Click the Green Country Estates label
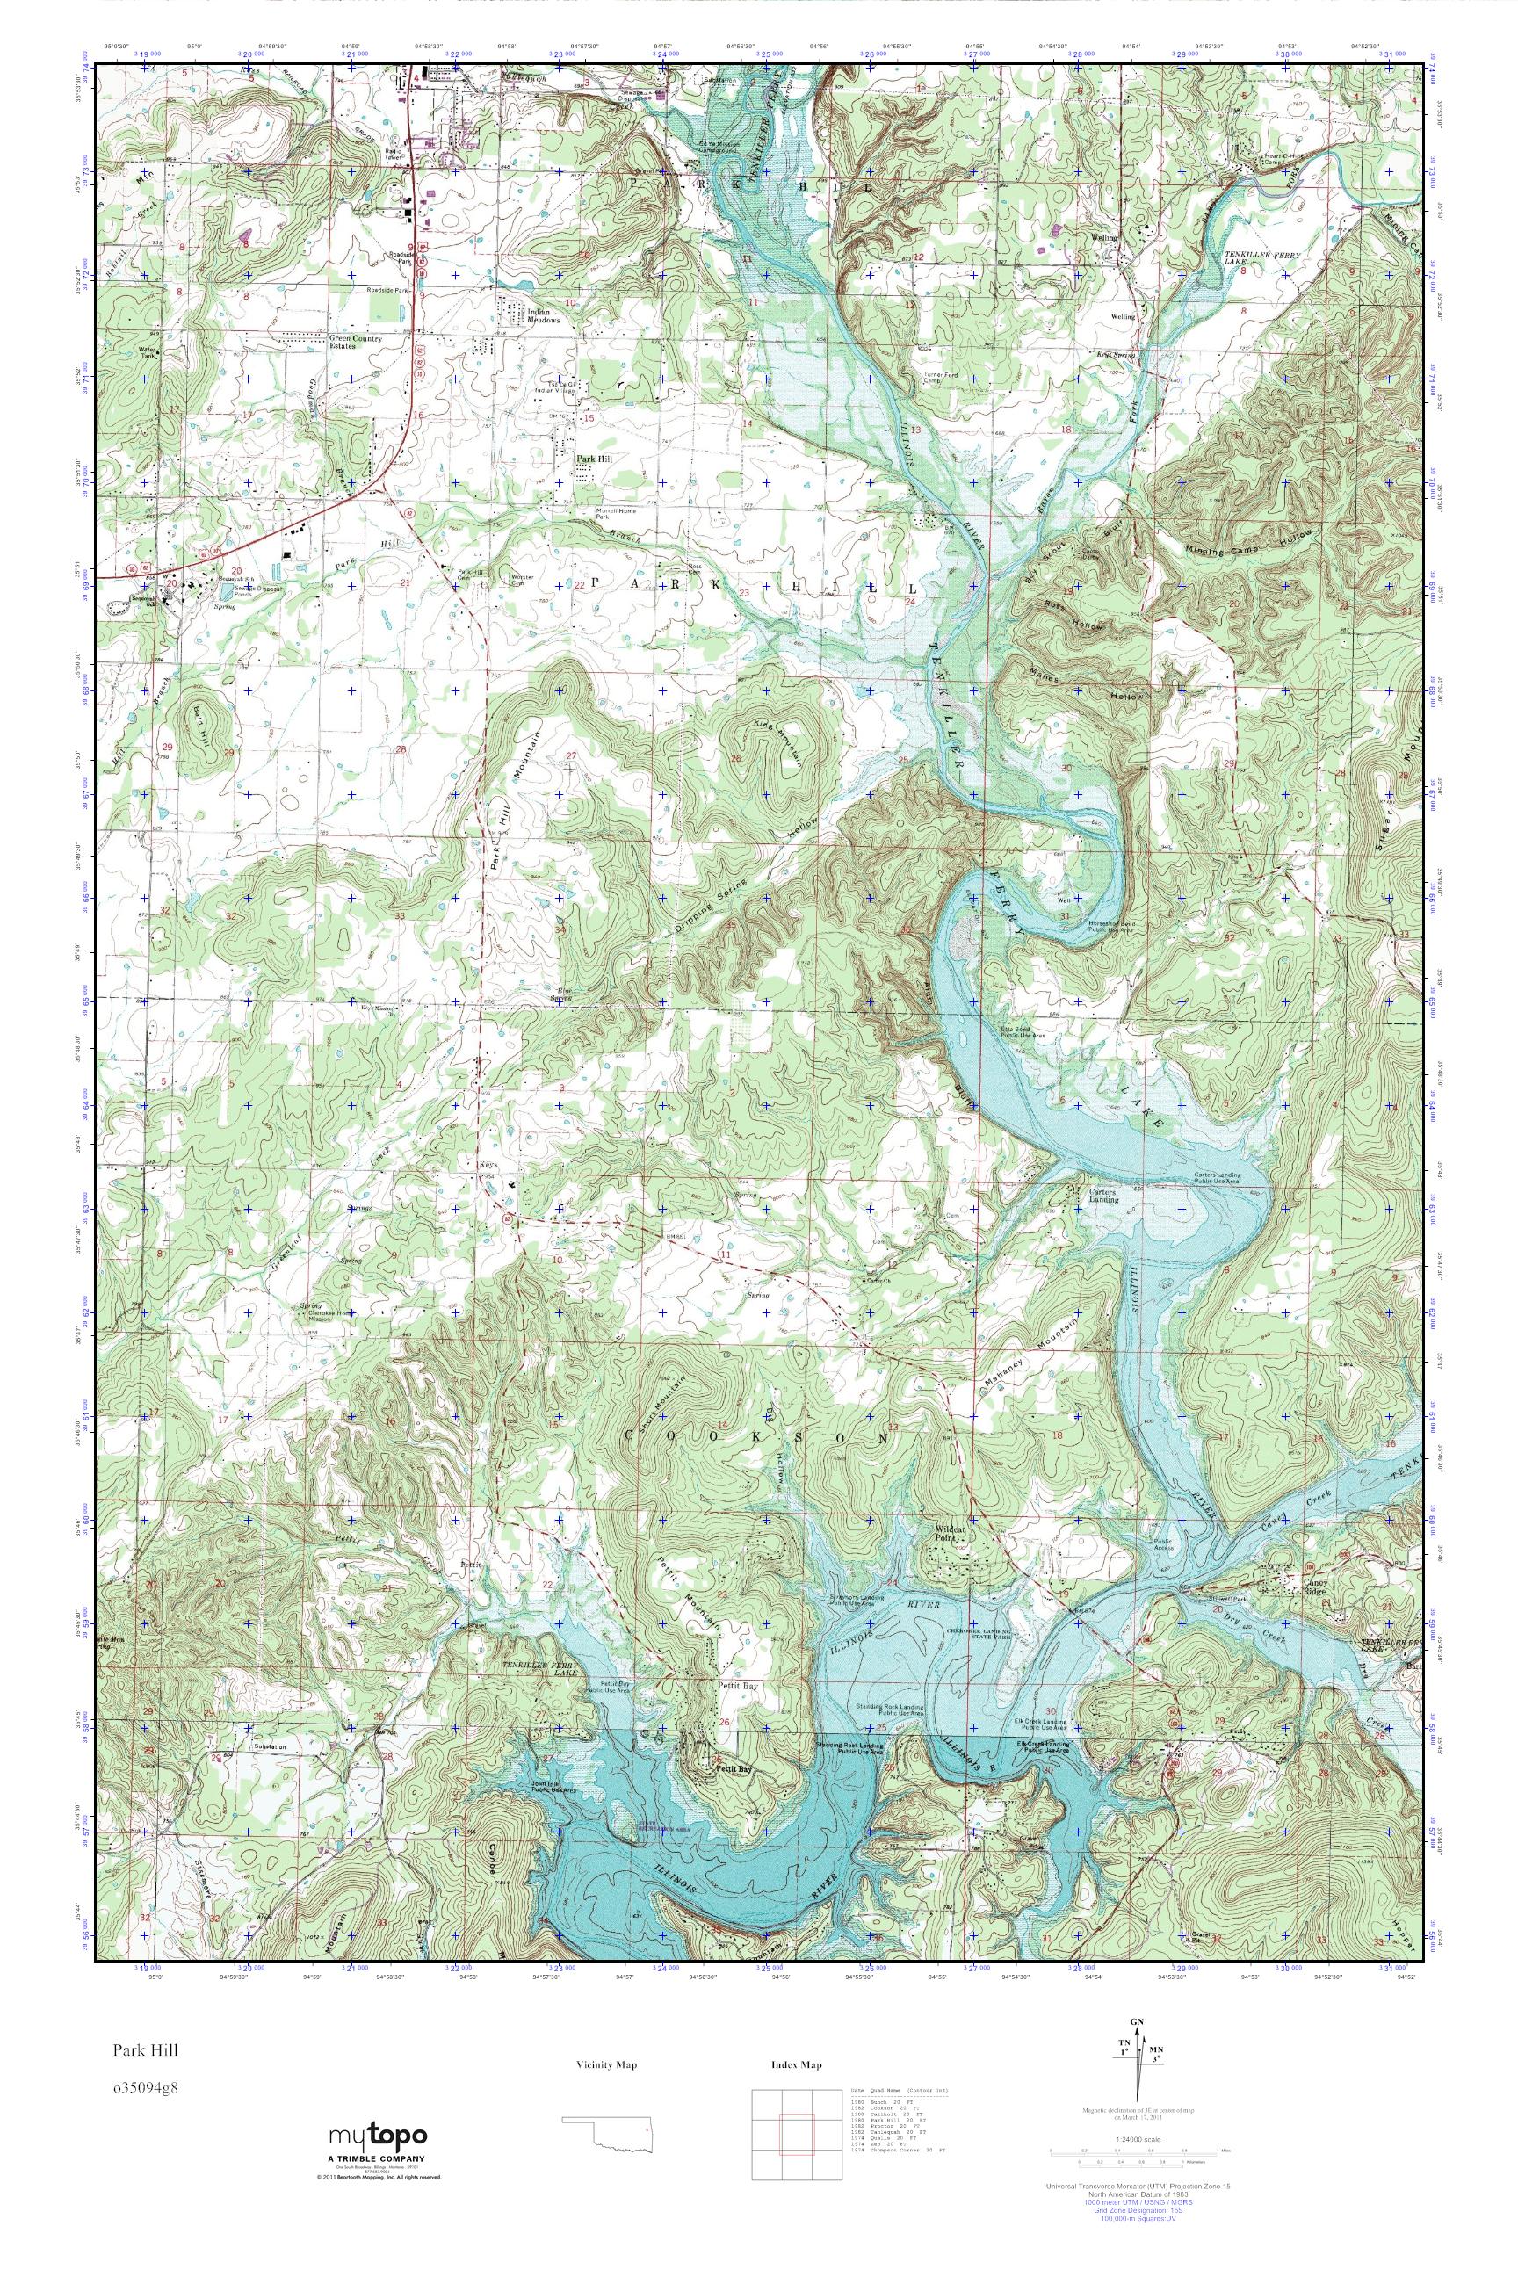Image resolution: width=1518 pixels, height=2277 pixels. [x=353, y=343]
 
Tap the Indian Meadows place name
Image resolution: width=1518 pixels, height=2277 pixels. [x=545, y=316]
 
